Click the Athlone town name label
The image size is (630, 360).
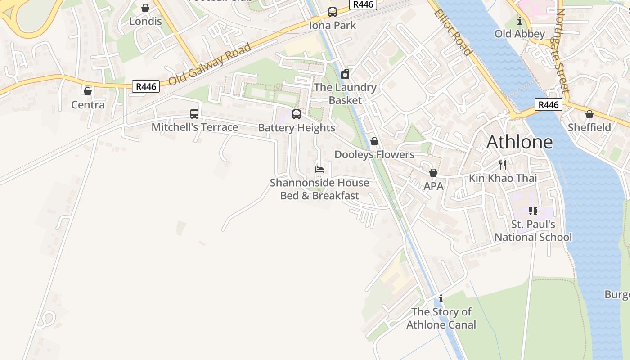(x=519, y=142)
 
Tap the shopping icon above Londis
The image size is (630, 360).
(x=145, y=8)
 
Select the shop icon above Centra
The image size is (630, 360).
(x=88, y=91)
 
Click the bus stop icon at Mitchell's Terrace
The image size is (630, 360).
(x=194, y=114)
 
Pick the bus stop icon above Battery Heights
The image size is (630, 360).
(x=297, y=114)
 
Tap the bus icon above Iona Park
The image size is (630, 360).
(x=333, y=12)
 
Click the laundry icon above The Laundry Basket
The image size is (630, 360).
(x=345, y=74)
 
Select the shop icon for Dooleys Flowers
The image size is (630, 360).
(x=374, y=141)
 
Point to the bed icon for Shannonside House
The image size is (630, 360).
(x=319, y=170)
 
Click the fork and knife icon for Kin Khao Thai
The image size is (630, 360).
(x=503, y=165)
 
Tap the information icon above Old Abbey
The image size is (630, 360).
(x=520, y=21)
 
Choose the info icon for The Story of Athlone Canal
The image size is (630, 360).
(x=441, y=298)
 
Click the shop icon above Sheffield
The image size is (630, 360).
(x=589, y=114)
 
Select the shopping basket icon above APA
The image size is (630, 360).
(x=433, y=173)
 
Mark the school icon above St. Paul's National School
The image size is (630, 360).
(x=533, y=211)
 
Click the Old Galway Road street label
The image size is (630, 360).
(x=210, y=64)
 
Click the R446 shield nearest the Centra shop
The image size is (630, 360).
(x=146, y=86)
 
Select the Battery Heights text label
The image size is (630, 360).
(x=297, y=128)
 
